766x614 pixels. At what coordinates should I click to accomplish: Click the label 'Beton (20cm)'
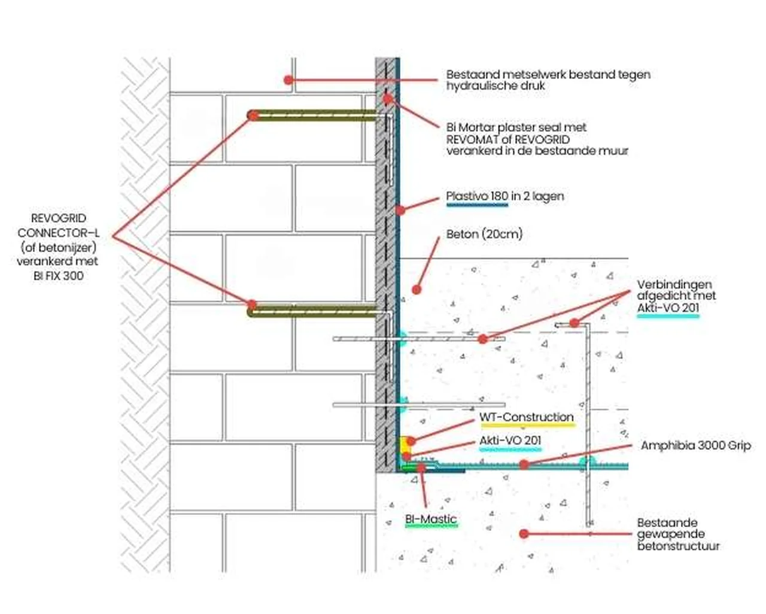point(484,234)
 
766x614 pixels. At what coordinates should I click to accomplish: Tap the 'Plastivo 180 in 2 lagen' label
point(504,196)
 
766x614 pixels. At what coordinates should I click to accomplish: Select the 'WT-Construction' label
point(526,417)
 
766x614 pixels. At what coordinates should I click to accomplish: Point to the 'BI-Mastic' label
point(431,519)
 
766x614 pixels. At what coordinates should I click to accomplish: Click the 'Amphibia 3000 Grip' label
point(695,445)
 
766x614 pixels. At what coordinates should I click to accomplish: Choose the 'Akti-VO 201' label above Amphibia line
point(510,440)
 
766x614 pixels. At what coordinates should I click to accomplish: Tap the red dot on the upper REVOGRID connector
point(253,115)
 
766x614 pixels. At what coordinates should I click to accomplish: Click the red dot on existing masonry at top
point(288,80)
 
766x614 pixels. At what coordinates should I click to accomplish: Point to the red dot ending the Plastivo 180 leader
point(400,210)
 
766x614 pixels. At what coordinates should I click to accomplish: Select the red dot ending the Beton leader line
point(417,290)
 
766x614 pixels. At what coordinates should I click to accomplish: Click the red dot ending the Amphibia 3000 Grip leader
point(524,464)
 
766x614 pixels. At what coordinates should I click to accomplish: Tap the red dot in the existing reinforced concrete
point(524,533)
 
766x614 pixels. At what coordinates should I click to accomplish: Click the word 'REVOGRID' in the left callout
point(58,218)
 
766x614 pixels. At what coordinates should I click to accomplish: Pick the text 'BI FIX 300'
point(59,276)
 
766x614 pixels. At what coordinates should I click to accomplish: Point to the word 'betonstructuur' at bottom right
point(678,546)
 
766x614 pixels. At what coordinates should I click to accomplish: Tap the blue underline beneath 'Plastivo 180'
point(477,205)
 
